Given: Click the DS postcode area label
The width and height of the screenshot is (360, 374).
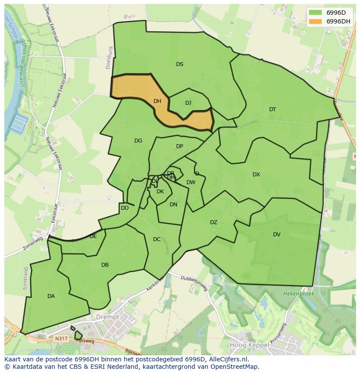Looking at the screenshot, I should tap(180, 64).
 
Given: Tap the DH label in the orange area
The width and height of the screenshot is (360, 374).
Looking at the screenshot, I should tap(157, 101).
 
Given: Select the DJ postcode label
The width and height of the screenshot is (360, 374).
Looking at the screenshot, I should tap(188, 103).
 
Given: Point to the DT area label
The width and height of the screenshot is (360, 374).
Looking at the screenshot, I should tap(273, 109).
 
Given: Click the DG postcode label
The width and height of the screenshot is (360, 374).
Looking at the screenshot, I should tap(138, 141).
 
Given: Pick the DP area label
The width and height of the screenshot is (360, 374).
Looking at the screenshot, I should tap(180, 146).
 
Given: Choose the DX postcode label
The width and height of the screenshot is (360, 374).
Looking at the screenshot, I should tap(257, 175).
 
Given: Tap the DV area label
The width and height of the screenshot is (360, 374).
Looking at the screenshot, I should tap(277, 235).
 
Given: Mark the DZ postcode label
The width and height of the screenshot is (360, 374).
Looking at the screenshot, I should tap(213, 222).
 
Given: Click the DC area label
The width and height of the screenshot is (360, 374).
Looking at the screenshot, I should tap(157, 239).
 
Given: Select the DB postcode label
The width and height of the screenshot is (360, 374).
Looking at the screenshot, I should tap(105, 265).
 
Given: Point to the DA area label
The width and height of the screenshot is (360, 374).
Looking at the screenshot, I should tap(51, 296).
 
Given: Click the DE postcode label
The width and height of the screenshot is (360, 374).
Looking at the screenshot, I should tap(93, 236).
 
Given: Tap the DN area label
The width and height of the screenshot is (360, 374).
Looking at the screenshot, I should tap(173, 205).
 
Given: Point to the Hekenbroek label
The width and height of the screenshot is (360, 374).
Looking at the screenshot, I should tap(299, 294).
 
